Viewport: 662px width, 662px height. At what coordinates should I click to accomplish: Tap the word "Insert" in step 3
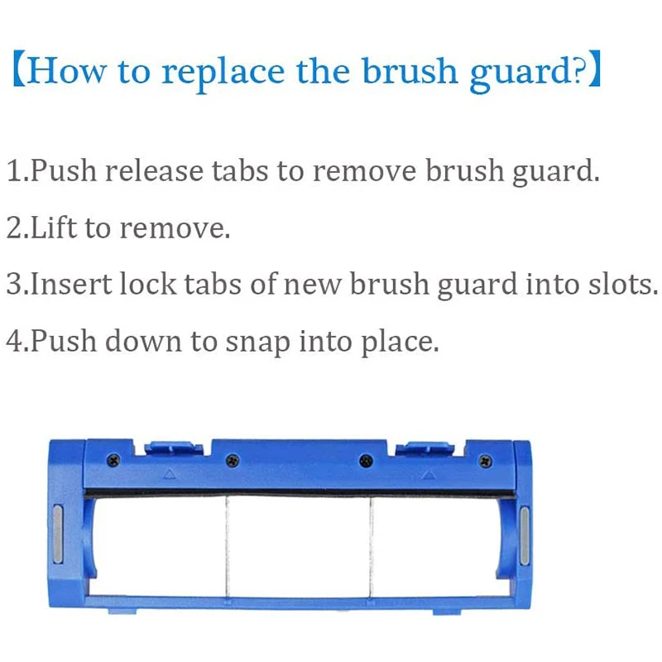[70, 284]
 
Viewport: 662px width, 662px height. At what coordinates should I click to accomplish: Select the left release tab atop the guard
[174, 449]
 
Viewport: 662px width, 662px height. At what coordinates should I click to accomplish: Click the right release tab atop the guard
[425, 449]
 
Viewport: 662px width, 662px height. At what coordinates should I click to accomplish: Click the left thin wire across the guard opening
[226, 546]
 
